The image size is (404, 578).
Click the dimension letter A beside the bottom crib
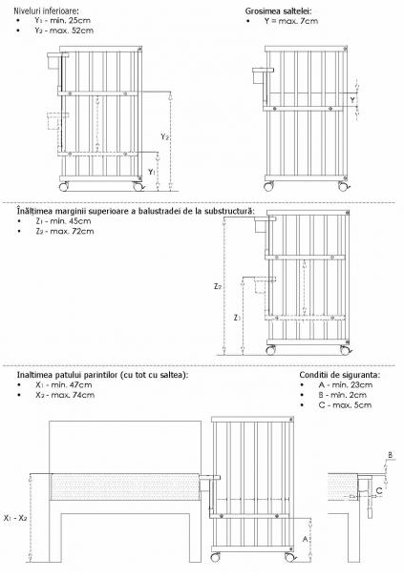(305, 540)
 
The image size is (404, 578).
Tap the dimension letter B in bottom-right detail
(390, 455)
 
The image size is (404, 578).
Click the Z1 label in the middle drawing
(238, 316)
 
